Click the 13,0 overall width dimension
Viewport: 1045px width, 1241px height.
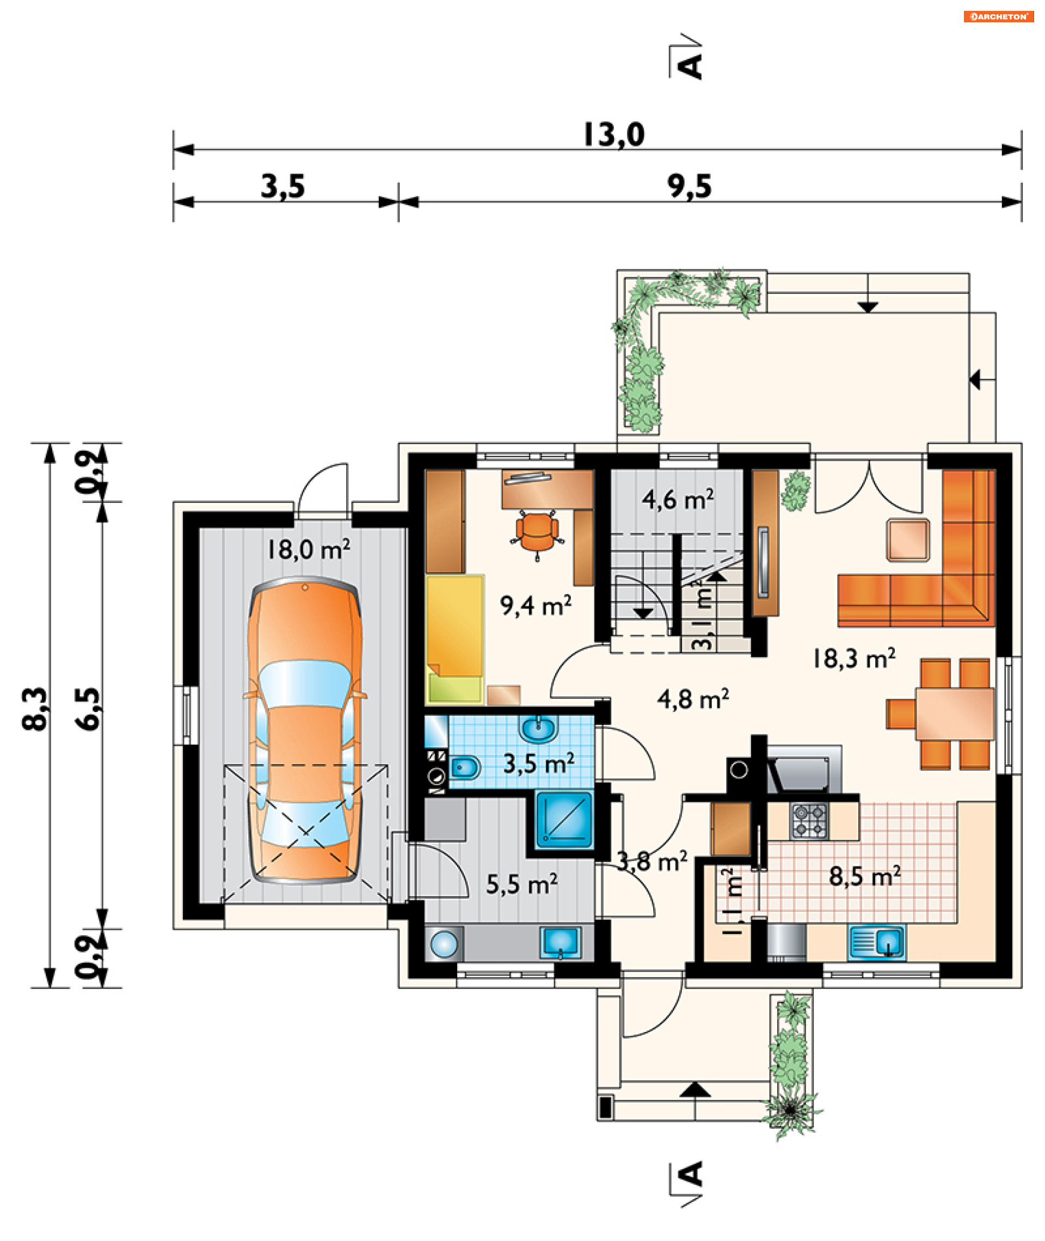614,135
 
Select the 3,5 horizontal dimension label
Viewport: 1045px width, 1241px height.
283,187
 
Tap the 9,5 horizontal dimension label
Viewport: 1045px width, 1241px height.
690,187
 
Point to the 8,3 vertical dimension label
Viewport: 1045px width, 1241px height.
35,709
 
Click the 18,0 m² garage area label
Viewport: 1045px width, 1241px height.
308,549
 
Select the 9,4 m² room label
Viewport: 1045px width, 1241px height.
536,605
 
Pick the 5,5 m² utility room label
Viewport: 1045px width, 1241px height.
522,884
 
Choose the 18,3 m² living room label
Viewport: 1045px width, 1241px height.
853,658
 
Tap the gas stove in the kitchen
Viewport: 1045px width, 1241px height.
809,820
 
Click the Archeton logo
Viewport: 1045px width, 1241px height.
999,16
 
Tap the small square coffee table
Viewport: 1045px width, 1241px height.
907,539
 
